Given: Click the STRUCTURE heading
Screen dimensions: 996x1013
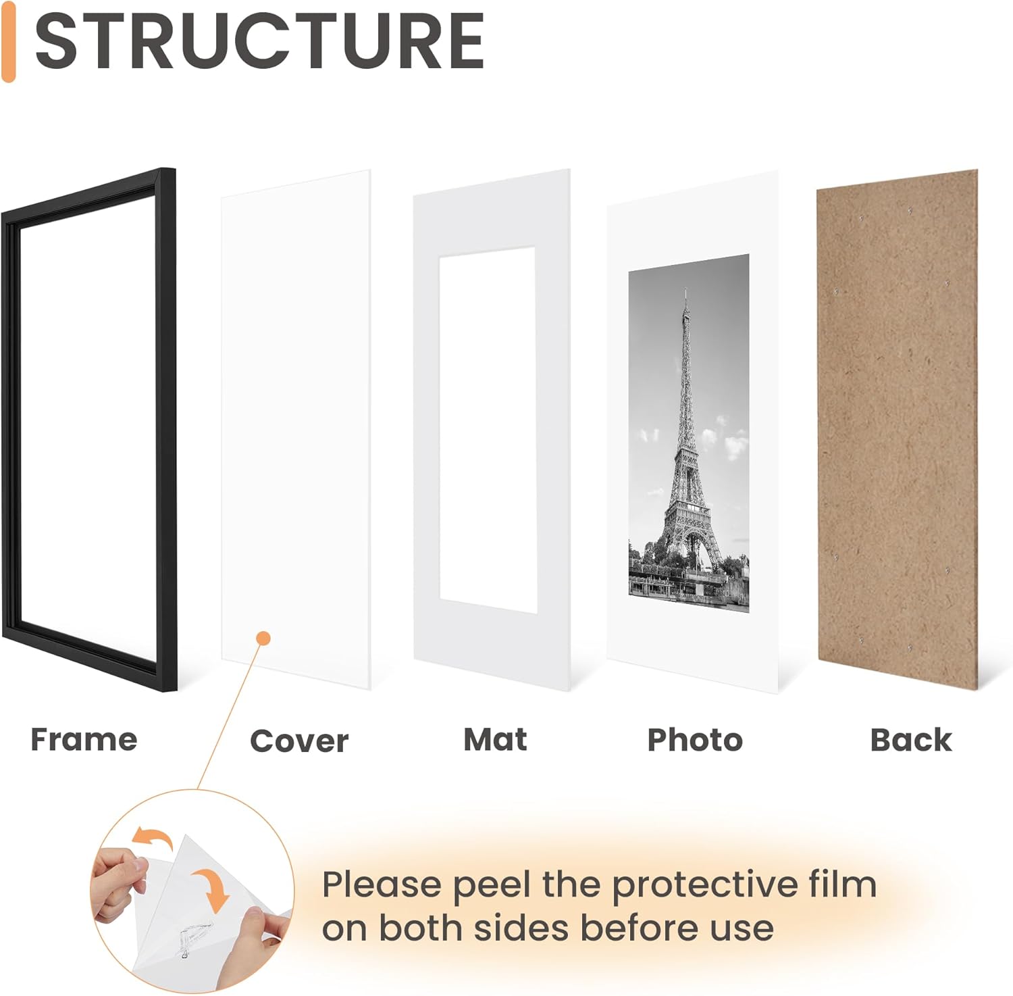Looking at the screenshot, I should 259,42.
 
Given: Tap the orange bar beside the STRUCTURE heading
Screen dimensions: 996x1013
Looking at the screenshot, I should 8,42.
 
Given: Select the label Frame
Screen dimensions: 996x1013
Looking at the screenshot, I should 84,739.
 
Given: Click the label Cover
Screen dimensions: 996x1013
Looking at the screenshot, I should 299,741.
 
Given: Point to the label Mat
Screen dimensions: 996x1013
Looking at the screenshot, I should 495,739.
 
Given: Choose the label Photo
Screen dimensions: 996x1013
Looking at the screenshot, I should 695,740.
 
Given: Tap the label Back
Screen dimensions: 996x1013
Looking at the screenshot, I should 910,740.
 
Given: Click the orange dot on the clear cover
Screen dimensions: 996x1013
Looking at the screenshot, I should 264,638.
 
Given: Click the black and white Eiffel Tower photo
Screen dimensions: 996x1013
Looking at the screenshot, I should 689,432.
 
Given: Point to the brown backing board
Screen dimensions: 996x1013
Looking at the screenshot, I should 897,426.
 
